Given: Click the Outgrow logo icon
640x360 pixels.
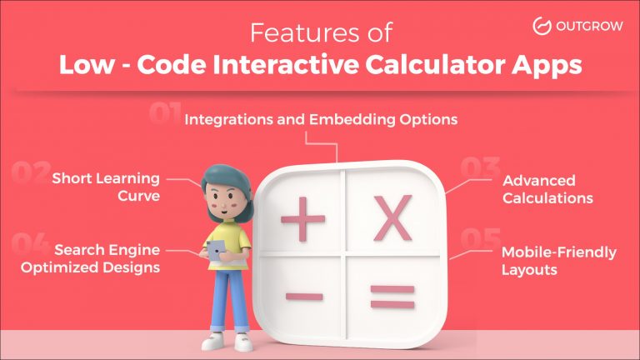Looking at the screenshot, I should pos(542,26).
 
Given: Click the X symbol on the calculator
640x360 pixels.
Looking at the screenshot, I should pos(392,218).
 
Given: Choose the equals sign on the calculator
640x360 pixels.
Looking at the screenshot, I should pos(392,296).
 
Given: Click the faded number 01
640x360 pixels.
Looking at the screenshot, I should pos(166,114).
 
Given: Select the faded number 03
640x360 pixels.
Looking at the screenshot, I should pos(479,169).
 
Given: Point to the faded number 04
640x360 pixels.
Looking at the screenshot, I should pos(31,243).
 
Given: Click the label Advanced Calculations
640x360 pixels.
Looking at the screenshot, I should pos(547,190).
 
